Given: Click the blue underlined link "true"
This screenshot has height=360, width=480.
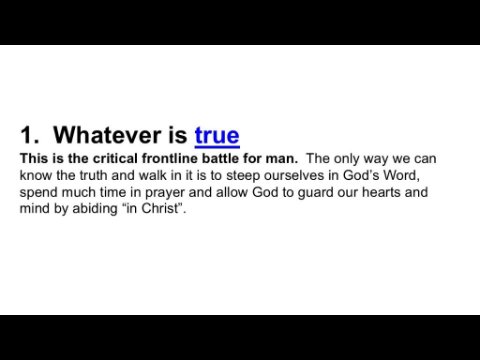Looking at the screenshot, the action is tap(217, 135).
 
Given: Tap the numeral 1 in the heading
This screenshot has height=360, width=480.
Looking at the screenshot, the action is tap(27, 135).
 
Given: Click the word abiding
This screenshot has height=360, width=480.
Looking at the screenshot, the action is tap(95, 209).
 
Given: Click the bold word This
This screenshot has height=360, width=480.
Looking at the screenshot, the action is tap(34, 158).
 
